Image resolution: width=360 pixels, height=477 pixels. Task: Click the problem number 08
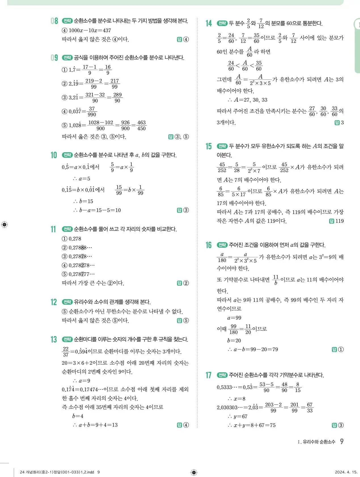[x=54, y=21]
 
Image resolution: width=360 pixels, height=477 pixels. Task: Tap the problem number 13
[x=54, y=340]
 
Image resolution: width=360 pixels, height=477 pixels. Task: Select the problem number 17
[x=209, y=375]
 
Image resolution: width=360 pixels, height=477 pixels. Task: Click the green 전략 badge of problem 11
[x=67, y=229]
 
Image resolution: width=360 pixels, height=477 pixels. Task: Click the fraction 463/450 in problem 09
[x=141, y=126]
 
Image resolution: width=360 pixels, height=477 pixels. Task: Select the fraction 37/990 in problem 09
[x=92, y=112]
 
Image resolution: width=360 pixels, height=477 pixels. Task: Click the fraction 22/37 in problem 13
[x=66, y=352]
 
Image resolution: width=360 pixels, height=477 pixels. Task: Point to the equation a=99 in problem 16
[x=234, y=318]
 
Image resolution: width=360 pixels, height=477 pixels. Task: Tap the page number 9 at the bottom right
[x=342, y=442]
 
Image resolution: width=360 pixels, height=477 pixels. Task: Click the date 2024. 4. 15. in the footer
[x=346, y=472]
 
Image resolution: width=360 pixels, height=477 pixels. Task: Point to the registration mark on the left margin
[x=4, y=225]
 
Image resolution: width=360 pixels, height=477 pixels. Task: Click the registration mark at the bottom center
[x=194, y=472]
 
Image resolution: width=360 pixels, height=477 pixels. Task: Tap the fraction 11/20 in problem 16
[x=248, y=329]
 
